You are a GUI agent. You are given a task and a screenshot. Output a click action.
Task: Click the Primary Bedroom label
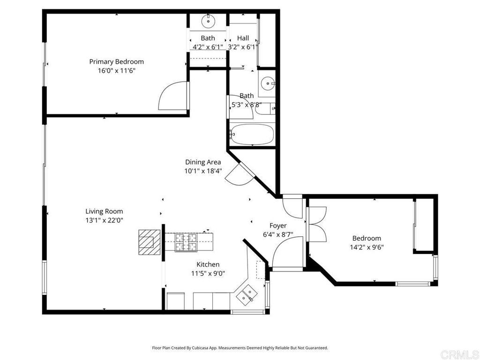point(116,61)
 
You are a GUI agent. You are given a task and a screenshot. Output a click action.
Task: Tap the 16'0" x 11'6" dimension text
point(116,71)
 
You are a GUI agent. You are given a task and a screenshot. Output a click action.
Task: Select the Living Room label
point(104,211)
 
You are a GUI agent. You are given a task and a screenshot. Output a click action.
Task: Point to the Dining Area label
point(203,162)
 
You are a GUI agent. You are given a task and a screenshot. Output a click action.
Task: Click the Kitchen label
point(208,264)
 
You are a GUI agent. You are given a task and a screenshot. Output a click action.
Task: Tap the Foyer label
point(278,225)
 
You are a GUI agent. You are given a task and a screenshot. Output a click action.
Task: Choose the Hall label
point(243,38)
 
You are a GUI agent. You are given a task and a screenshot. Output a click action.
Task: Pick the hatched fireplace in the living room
point(150,242)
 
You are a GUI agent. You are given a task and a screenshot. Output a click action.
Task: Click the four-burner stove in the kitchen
point(186,242)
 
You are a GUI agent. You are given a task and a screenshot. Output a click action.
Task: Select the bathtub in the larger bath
point(252,134)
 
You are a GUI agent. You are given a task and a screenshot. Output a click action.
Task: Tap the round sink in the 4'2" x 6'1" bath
point(208,21)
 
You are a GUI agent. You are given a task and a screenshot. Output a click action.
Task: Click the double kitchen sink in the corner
point(247,294)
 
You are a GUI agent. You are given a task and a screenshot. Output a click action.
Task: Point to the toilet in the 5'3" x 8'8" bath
point(265,109)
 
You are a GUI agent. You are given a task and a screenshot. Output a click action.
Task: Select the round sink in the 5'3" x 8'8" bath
point(268,83)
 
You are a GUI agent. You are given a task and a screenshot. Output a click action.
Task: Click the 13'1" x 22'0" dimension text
point(104,220)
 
